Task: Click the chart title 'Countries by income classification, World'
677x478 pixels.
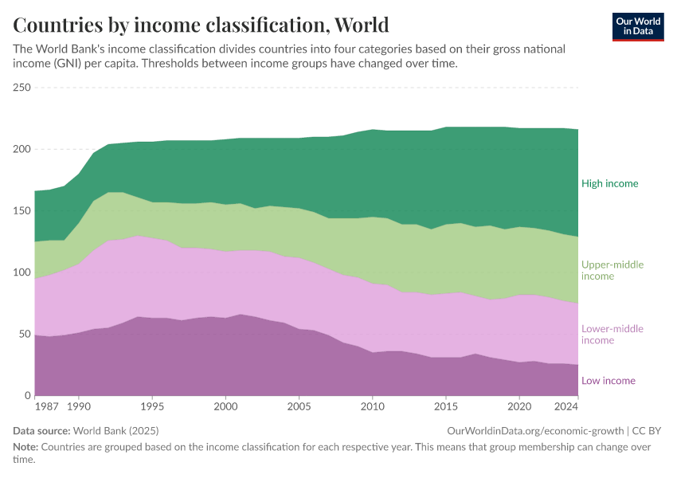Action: [201, 25]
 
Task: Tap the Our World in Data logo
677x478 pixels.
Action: [638, 26]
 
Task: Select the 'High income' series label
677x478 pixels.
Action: [609, 183]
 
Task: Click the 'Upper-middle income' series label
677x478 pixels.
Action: [612, 270]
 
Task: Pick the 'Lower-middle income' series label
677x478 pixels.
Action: [612, 335]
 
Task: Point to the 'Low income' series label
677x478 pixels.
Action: [608, 381]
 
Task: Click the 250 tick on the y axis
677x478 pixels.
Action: [22, 88]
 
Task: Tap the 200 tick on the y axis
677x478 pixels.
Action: [22, 149]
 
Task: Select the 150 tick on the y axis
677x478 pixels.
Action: [22, 211]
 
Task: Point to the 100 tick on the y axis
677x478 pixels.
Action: [22, 272]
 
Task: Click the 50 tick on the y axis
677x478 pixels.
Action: [24, 334]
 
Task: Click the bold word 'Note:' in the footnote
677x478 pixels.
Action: [28, 447]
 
